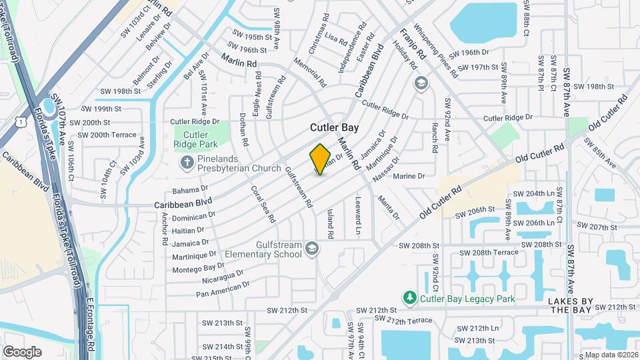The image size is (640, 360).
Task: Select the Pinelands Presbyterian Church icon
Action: (x=187, y=162)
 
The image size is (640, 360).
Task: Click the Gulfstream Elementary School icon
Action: (x=311, y=249)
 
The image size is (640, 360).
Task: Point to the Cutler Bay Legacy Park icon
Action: (x=411, y=298)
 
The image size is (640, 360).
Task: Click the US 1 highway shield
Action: (x=23, y=123)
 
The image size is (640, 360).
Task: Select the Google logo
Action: (x=22, y=351)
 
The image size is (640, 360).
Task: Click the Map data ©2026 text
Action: (x=610, y=355)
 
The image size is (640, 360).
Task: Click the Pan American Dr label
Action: (x=223, y=289)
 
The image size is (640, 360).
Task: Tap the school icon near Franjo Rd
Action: (x=421, y=83)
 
